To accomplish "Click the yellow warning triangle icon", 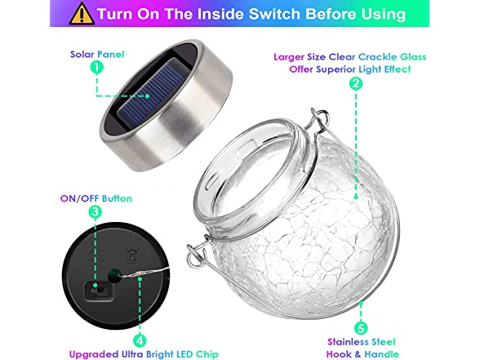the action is point(82,14).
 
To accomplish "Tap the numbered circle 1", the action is point(96,67).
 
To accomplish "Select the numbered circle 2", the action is point(356,83).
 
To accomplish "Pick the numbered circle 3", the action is point(96,211).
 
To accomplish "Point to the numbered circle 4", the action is point(140,340).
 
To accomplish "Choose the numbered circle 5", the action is point(361,328).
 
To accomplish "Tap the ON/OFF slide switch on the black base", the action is point(99,291).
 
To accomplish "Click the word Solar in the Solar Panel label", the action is point(82,55).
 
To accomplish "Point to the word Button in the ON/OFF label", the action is point(117,198).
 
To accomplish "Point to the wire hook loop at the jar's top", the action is point(320,118).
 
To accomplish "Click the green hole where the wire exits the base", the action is point(114,274).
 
